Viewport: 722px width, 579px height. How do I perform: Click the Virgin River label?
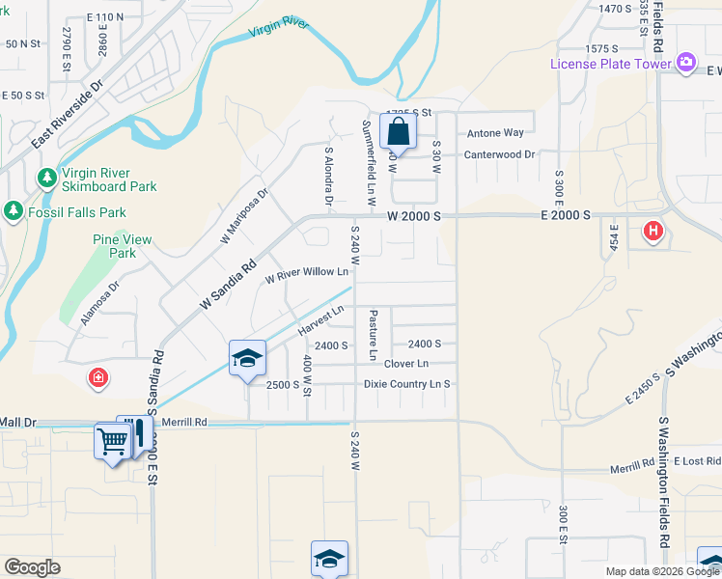[x=279, y=27]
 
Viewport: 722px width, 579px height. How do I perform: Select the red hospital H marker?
[x=653, y=232]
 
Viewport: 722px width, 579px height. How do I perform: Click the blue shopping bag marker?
[x=398, y=132]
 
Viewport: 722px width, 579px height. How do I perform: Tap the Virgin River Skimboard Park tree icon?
[x=46, y=178]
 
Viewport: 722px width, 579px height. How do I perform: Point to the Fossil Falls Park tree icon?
[x=13, y=210]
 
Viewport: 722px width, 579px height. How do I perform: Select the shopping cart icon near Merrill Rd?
[x=112, y=442]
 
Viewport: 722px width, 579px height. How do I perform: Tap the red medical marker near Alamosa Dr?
[x=97, y=377]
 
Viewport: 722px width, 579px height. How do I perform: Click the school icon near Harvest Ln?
[x=247, y=359]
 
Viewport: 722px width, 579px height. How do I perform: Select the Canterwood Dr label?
[x=499, y=154]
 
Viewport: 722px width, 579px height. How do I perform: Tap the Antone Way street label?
[x=495, y=133]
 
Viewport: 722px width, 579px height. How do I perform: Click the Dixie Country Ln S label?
[x=407, y=384]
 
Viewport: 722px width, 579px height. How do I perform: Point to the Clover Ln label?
[x=406, y=364]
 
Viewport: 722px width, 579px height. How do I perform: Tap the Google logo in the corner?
[x=32, y=567]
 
